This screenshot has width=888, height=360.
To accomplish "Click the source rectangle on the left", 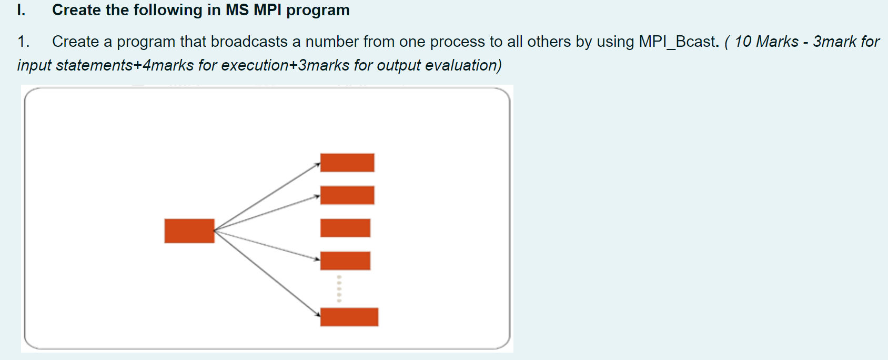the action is [x=189, y=231].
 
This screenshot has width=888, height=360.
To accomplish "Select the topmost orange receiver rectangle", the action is [x=347, y=163].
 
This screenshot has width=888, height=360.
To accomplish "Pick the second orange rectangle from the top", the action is [x=347, y=195].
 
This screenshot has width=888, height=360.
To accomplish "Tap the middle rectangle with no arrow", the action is [x=345, y=228].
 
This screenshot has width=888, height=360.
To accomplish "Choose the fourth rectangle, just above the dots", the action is [x=345, y=261].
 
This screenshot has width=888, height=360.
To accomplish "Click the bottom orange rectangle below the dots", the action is [x=349, y=317].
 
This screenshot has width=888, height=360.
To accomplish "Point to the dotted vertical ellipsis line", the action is [x=339, y=288].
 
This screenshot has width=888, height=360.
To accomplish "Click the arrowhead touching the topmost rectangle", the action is [x=318, y=165].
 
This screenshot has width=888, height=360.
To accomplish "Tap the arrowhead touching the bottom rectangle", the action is [x=318, y=314].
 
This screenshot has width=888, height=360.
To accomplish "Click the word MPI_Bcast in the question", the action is [x=678, y=42].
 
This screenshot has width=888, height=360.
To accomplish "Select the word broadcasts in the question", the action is [x=249, y=42].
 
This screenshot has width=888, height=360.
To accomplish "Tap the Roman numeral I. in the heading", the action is [x=22, y=10].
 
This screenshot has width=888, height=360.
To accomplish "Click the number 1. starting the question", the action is [x=24, y=42].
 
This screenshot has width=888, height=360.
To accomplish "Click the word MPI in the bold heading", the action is [x=267, y=10].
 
